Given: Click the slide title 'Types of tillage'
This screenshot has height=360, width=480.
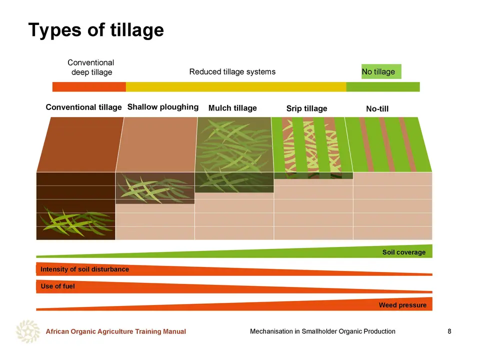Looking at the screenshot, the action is click(x=96, y=30).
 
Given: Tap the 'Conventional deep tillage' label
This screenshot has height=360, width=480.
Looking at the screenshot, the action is click(x=91, y=67).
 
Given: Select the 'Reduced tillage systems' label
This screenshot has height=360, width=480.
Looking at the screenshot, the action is click(x=232, y=71).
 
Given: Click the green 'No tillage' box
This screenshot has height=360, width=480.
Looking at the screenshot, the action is click(x=381, y=71).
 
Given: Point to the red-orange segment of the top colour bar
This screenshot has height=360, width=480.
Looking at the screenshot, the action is click(x=89, y=86).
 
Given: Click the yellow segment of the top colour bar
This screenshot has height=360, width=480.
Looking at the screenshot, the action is click(x=236, y=86).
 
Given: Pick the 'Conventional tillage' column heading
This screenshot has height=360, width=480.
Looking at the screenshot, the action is click(x=83, y=107).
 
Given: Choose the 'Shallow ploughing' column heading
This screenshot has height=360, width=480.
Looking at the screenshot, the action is click(x=163, y=107).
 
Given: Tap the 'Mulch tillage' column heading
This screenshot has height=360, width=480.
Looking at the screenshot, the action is click(x=232, y=108).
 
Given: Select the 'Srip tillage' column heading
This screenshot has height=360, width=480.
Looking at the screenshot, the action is click(x=306, y=108).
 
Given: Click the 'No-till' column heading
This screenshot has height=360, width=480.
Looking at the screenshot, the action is click(x=377, y=108).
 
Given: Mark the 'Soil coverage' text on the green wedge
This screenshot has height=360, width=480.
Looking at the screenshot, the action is click(x=404, y=252).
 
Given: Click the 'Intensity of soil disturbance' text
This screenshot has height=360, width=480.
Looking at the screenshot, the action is click(x=84, y=269).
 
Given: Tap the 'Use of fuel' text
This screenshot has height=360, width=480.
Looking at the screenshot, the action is click(x=57, y=286).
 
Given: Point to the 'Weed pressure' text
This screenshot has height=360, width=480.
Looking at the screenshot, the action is click(x=402, y=305).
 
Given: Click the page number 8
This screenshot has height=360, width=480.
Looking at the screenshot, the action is click(x=449, y=331).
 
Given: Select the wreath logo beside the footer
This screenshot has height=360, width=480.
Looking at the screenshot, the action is click(x=28, y=331).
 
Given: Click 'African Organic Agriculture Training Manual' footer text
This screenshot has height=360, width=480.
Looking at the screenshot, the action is click(x=115, y=331).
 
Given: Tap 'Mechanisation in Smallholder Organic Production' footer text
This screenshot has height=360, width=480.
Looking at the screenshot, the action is click(x=322, y=331).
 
